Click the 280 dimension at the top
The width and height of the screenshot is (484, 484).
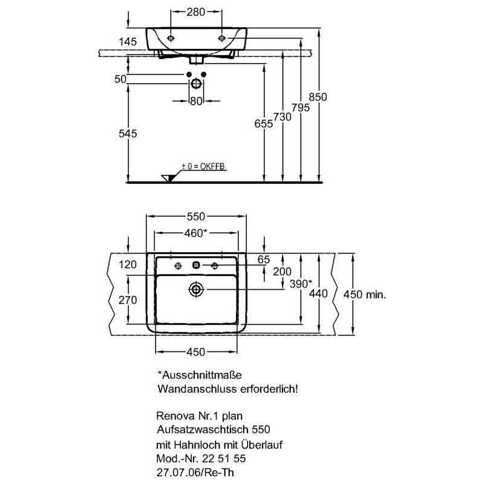coord(195,12)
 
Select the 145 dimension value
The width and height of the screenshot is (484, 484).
coord(128,42)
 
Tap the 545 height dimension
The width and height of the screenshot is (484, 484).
coord(128,134)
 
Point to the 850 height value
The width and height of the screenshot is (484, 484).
coord(318,97)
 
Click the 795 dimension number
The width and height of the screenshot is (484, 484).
coord(301,108)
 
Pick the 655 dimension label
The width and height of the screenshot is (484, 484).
coord(264,123)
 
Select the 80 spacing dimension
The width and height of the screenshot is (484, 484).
coord(196,101)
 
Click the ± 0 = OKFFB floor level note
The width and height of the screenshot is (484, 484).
coord(203,166)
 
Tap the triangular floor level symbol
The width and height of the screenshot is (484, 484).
coord(169,178)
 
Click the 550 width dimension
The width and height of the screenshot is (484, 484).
coord(196,217)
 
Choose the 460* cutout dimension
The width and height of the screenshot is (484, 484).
coord(195,233)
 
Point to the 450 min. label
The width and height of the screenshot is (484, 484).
coord(365,295)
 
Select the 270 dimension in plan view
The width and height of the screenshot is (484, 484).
coord(128,299)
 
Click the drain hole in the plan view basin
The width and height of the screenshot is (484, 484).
coord(196,290)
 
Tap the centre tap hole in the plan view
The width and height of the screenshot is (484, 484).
coord(196,265)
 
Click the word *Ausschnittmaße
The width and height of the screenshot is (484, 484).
coord(200,375)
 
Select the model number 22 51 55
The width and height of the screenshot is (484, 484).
coord(224,459)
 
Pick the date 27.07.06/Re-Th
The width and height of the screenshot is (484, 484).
coord(195,473)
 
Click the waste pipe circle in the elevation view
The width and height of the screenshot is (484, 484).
coord(196,83)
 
